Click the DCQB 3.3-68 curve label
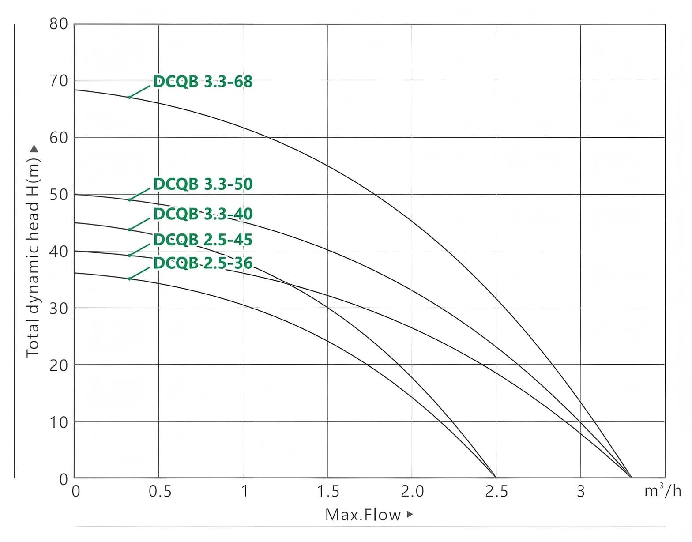(x=203, y=82)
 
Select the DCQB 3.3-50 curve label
(x=203, y=184)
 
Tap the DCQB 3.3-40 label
(x=203, y=214)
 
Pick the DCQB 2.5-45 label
(x=203, y=240)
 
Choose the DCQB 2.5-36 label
(x=203, y=263)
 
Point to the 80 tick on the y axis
(x=59, y=24)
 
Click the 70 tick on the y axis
(x=59, y=81)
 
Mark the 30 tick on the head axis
(x=59, y=308)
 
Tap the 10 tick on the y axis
(x=59, y=422)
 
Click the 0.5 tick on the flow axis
(x=160, y=491)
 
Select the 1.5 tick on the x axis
(x=328, y=491)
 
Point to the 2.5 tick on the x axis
(x=496, y=491)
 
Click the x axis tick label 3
(x=581, y=491)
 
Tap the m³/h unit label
(x=662, y=490)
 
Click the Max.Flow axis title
(x=363, y=515)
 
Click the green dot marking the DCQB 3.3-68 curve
(x=129, y=97)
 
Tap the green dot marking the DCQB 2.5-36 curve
(x=129, y=279)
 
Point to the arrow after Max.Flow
(x=410, y=514)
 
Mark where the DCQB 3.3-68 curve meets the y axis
(x=74, y=90)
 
